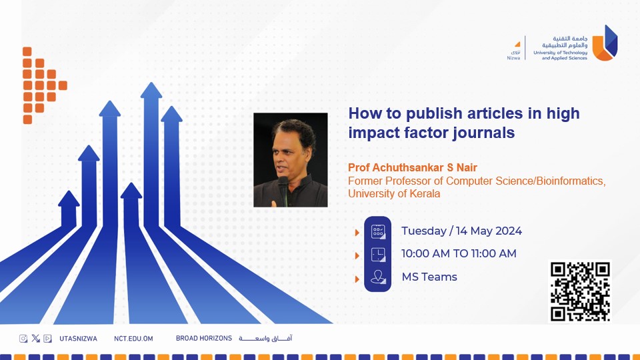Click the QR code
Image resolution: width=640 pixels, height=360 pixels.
point(579,292)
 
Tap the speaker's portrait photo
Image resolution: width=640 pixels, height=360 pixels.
point(290,160)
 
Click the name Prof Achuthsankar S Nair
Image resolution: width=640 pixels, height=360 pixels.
point(412,167)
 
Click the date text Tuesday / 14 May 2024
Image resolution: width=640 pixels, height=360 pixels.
point(461,231)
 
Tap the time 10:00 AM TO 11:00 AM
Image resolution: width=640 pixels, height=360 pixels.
point(459,253)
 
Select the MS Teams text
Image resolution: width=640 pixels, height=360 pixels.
point(429,277)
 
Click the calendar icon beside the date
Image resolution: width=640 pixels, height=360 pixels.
point(378,231)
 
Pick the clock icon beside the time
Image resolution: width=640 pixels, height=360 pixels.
point(378,254)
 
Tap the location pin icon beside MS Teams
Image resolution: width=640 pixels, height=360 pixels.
point(378,277)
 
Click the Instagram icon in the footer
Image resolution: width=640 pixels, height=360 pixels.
point(23,339)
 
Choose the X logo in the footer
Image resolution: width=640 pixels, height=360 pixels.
point(35,339)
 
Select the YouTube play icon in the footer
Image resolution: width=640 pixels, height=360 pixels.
point(47,339)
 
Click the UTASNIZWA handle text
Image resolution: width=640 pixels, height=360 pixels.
point(79,339)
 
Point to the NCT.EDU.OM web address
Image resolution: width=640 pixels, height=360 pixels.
point(133,339)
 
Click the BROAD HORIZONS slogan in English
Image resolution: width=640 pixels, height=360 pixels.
point(204,339)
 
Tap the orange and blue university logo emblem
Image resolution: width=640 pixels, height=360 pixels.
point(605,43)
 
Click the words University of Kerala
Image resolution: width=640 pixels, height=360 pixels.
point(394,193)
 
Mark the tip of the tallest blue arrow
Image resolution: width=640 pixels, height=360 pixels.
point(151,83)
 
